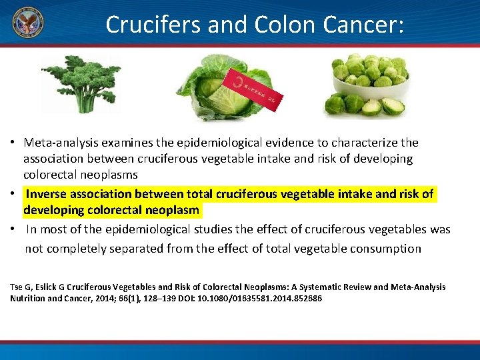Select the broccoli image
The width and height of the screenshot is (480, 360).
tap(81, 83)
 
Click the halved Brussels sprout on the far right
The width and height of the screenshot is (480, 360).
tap(393, 105)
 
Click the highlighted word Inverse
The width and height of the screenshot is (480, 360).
tap(47, 194)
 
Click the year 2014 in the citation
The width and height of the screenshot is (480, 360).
tap(91, 299)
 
